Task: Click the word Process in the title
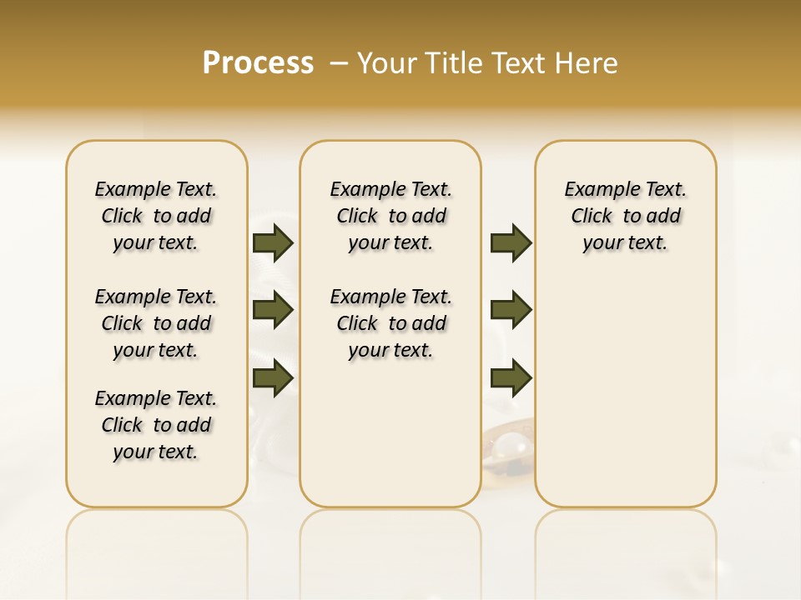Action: pyautogui.click(x=258, y=63)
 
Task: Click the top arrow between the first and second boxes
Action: pyautogui.click(x=273, y=243)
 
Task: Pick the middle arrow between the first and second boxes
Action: pyautogui.click(x=273, y=310)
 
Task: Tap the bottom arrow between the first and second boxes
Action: pyautogui.click(x=273, y=377)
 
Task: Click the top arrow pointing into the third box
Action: pyautogui.click(x=511, y=243)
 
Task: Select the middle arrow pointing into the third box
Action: pyautogui.click(x=511, y=310)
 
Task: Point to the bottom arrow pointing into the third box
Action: pyautogui.click(x=511, y=377)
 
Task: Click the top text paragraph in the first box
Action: pyautogui.click(x=156, y=216)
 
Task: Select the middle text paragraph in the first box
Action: pyautogui.click(x=156, y=323)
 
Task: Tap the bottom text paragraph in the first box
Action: pyautogui.click(x=156, y=425)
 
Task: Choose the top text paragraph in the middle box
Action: pyautogui.click(x=390, y=216)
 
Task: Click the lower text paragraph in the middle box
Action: pyautogui.click(x=390, y=323)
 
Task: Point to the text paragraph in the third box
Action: pyautogui.click(x=625, y=216)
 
